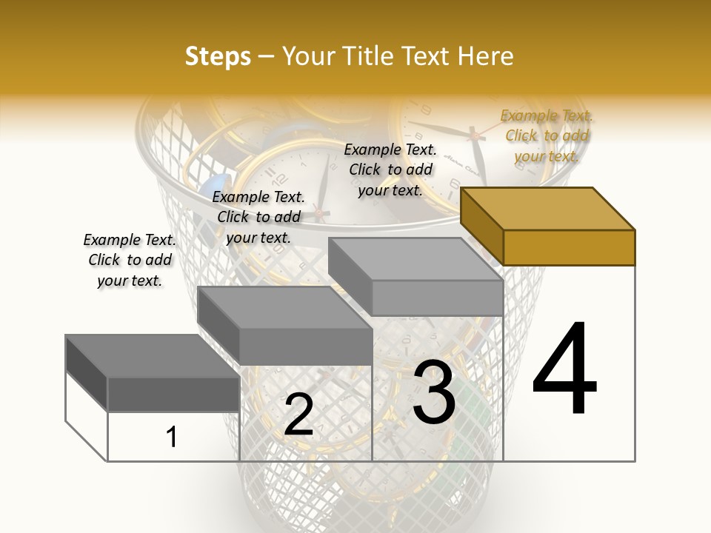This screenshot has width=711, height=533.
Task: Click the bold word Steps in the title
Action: coord(218,56)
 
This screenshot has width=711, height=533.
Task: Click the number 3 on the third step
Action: coord(434,392)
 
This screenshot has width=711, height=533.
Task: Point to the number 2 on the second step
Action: coord(298,415)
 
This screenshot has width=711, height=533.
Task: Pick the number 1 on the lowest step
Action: coord(172,437)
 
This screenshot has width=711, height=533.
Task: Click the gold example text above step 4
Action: coord(547,135)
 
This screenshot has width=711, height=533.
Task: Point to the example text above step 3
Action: coord(390,170)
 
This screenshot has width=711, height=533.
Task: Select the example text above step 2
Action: coord(258,217)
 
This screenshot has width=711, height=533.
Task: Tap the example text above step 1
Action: coord(130,260)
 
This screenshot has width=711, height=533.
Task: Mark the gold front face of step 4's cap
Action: coord(569,247)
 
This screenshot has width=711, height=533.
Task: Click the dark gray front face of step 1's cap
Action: coord(173,394)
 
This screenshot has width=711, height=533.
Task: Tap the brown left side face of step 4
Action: coord(481,227)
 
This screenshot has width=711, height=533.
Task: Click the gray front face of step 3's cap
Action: coord(437,298)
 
